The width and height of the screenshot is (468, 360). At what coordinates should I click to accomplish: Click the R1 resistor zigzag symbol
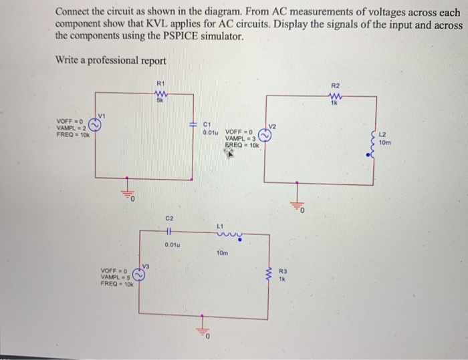160,93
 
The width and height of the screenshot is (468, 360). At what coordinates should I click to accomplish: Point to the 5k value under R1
160,101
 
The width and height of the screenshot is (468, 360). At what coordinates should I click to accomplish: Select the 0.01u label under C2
172,245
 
